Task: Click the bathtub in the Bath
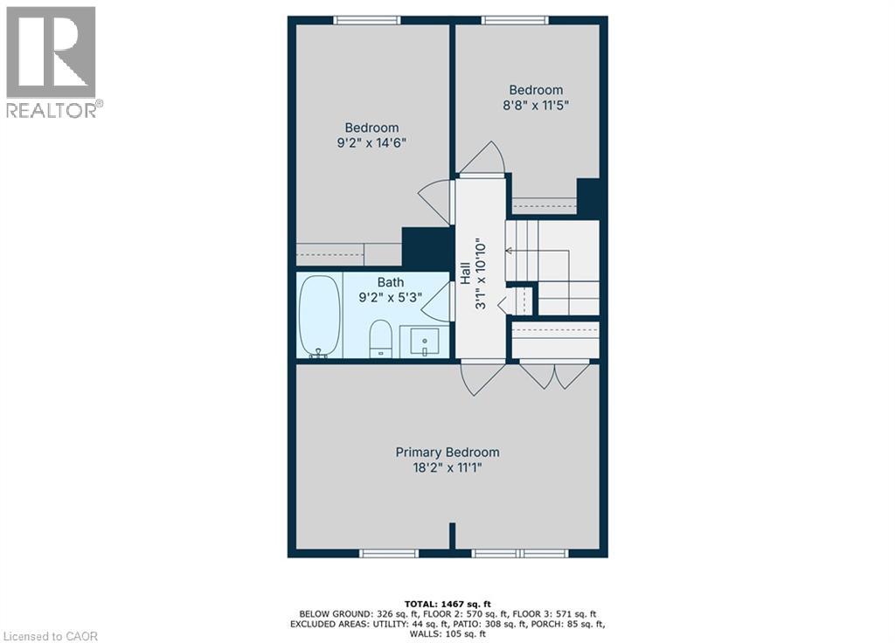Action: coord(319,315)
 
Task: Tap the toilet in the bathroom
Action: coord(380,339)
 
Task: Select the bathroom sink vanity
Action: coord(425,342)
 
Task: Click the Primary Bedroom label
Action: coord(447,452)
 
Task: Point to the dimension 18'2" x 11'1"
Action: coord(447,468)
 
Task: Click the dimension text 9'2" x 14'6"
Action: coord(371,144)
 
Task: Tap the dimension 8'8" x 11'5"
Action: coord(536,106)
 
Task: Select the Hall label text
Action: coord(466,273)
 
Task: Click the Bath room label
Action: coord(391,281)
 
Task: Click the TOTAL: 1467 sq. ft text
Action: coord(447,604)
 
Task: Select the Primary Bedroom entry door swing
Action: coord(482,379)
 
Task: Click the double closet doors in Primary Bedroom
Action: coord(554,376)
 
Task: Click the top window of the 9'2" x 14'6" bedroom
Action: coord(367,20)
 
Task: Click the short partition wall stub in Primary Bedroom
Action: coord(452,536)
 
